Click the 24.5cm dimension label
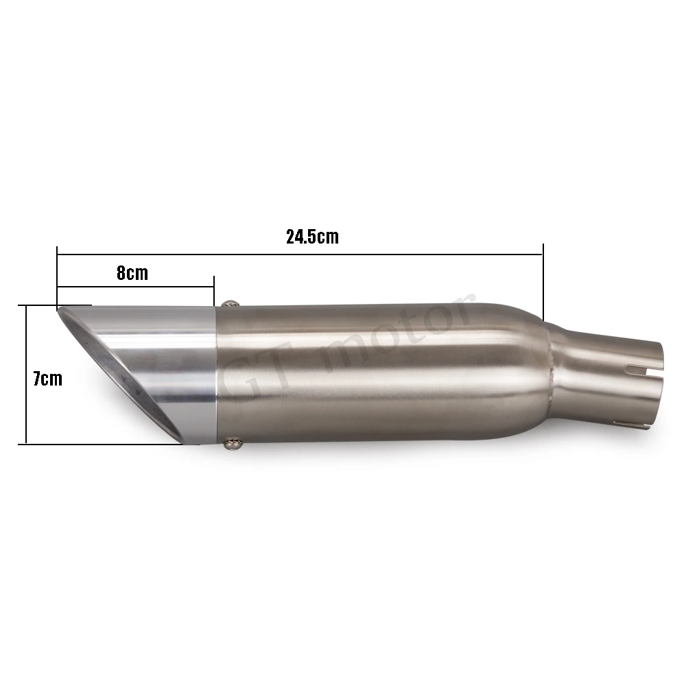[312, 236]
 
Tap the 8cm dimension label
[132, 273]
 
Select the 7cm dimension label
[48, 379]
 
